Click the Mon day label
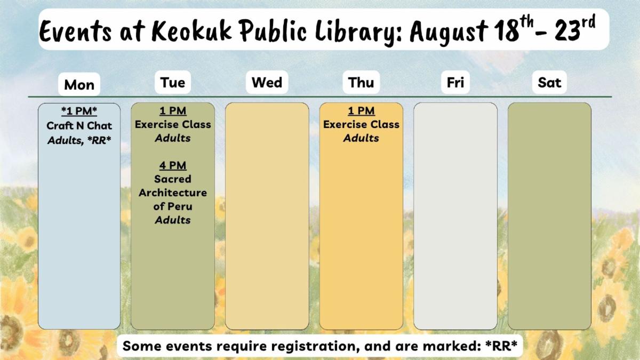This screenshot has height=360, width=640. pos(79,85)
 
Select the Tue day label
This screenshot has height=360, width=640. pos(173,83)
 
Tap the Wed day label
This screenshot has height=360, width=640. pos(267,83)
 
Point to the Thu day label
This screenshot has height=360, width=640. pos(361,83)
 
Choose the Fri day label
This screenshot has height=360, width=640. pos(455,83)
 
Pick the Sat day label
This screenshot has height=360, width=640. pos(549,83)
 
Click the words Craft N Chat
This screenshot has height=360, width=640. pos(79,126)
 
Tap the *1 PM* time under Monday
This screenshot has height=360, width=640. pos(79,111)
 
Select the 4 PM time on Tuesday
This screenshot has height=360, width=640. pos(173,165)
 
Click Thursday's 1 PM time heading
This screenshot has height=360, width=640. pos(361,110)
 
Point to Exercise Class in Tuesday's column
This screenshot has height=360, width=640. pos(173,125)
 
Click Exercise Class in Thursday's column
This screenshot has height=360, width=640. pos(361,125)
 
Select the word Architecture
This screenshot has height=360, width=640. pos(173,193)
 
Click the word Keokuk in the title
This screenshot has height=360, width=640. pos(191,30)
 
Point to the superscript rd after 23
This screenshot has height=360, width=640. pos(589,22)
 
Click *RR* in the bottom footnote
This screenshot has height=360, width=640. pos(501,346)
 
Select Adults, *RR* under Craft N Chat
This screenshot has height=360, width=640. pos(79,141)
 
